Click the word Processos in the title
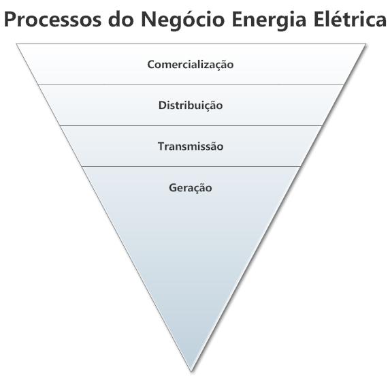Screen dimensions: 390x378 click(x=53, y=19)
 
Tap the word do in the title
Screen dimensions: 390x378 click(x=122, y=19)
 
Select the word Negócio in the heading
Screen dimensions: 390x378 click(x=183, y=20)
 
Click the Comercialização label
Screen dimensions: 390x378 click(x=191, y=65)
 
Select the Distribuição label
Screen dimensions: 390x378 click(x=191, y=106)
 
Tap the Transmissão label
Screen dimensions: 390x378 click(x=191, y=146)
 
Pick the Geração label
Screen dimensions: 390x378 click(x=191, y=187)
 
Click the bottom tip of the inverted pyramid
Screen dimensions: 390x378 click(x=191, y=371)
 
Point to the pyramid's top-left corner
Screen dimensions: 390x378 click(x=16, y=44)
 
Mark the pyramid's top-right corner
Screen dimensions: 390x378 click(x=365, y=44)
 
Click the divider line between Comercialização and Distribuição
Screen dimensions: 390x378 click(x=191, y=84)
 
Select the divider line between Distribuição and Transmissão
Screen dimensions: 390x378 click(x=191, y=126)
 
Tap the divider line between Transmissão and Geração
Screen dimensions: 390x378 click(x=191, y=166)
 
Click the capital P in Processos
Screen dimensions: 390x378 click(x=10, y=20)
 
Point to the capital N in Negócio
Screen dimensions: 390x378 click(x=149, y=19)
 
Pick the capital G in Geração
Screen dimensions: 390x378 click(x=173, y=187)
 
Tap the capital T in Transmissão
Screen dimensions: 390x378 click(x=161, y=146)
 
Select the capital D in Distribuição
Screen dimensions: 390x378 click(x=163, y=106)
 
